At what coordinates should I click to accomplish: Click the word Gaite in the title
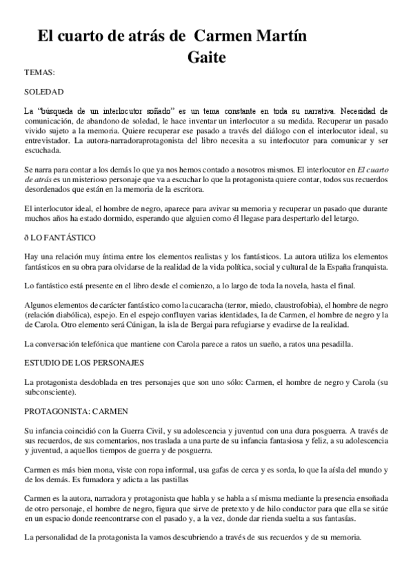(x=207, y=57)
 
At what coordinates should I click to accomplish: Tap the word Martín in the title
(x=274, y=36)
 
